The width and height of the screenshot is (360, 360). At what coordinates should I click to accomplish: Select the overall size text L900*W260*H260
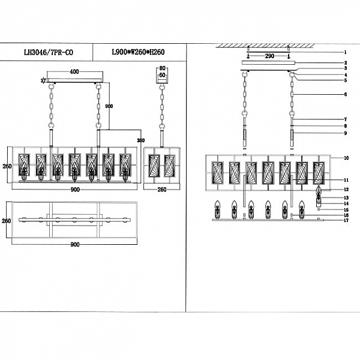coord(138,52)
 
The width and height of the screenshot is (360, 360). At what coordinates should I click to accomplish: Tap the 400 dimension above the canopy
coord(74,71)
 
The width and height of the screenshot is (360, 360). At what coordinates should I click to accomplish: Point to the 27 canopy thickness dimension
coord(43,80)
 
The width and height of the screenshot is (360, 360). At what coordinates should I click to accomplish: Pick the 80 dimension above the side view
coord(161,68)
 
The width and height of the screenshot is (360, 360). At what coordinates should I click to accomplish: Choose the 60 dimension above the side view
coord(161,76)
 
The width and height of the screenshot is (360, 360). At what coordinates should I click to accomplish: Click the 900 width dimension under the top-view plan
coord(76,245)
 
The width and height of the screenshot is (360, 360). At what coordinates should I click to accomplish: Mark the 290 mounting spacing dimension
coord(270,55)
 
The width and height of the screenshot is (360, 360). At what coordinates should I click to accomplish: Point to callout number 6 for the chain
coord(346,94)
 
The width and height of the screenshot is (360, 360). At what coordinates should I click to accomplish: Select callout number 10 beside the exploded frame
coord(346,157)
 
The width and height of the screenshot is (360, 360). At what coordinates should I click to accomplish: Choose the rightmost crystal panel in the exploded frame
coord(318,172)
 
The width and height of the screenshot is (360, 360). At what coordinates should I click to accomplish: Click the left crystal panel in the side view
coord(154,165)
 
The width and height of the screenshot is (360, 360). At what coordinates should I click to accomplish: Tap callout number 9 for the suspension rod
coord(346,133)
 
